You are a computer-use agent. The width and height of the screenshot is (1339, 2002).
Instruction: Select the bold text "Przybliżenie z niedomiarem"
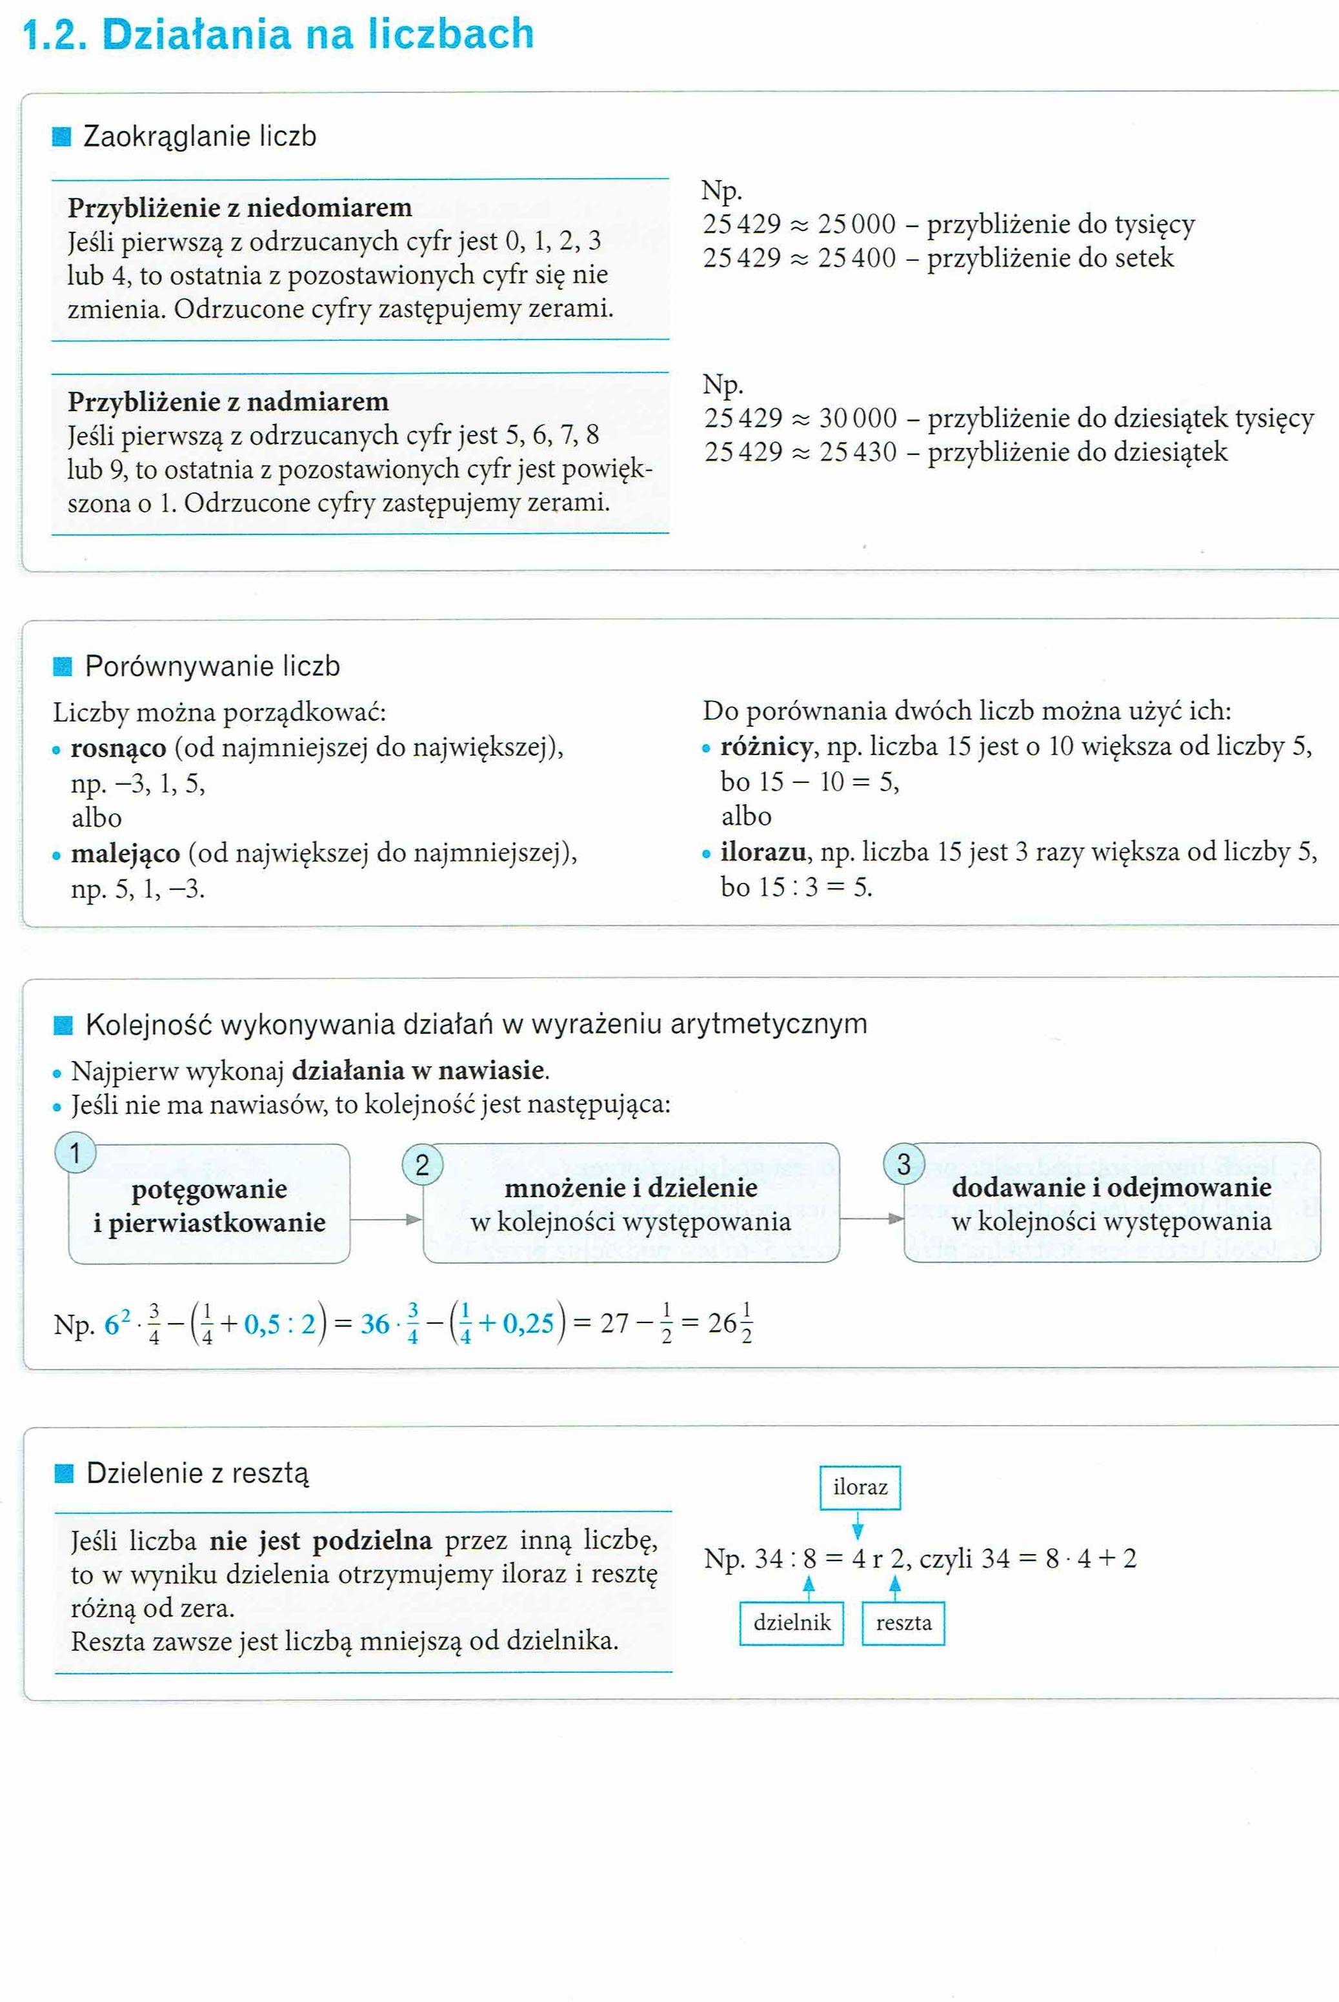(x=240, y=208)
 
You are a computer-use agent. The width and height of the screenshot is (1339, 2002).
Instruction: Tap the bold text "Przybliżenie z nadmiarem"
(x=228, y=401)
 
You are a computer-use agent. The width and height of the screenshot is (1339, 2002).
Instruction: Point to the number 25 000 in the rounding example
(x=856, y=225)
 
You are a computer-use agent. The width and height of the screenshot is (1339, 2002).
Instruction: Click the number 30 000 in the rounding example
(x=858, y=418)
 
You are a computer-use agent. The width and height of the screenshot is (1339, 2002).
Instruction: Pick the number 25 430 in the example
(x=858, y=452)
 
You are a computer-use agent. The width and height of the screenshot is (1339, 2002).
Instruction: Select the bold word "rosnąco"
(x=119, y=748)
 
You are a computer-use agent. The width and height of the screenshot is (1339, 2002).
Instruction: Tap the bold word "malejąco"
(x=126, y=853)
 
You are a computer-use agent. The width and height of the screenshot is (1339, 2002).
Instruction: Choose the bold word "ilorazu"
(x=763, y=853)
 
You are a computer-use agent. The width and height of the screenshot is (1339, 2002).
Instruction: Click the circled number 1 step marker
(x=75, y=1154)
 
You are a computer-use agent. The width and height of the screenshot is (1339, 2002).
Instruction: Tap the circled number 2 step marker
(x=422, y=1165)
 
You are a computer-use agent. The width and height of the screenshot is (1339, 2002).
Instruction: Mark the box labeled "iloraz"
(x=860, y=1488)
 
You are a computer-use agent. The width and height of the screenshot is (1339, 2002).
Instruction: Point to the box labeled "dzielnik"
(x=792, y=1623)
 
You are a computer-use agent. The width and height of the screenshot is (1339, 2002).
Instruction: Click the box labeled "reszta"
(x=903, y=1623)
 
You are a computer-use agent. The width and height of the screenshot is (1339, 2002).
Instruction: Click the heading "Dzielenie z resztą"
(x=197, y=1473)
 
